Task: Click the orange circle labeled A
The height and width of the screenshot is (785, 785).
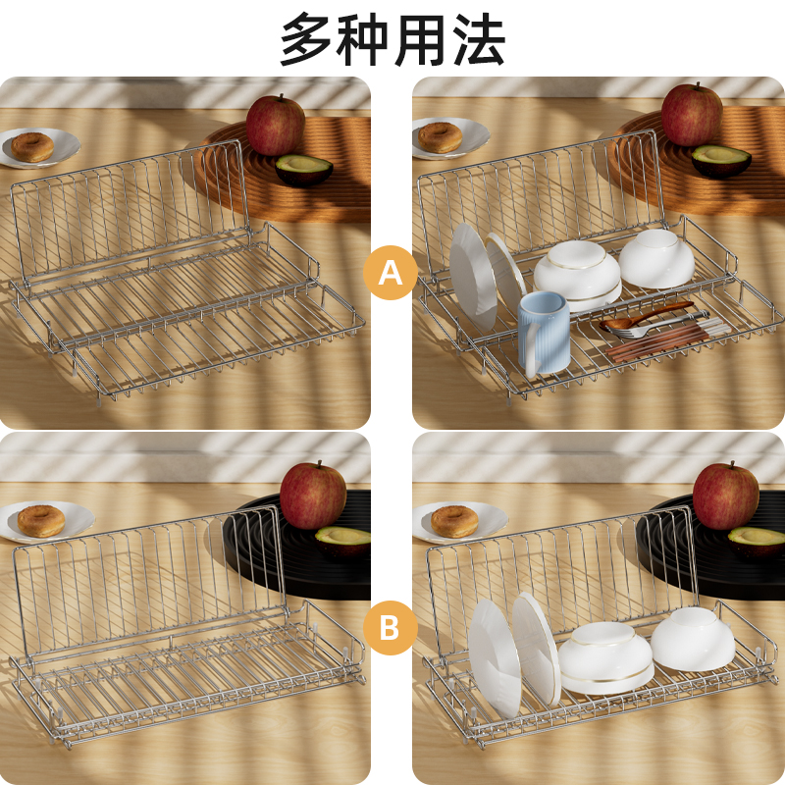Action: pyautogui.click(x=391, y=273)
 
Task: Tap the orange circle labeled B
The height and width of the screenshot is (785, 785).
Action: pyautogui.click(x=391, y=628)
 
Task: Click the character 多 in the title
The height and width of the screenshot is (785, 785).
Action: pyautogui.click(x=306, y=39)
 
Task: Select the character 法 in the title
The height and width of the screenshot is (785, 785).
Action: pyautogui.click(x=479, y=39)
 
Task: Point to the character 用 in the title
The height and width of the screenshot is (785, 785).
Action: pyautogui.click(x=421, y=39)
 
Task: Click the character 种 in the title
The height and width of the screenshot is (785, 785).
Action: pyautogui.click(x=362, y=39)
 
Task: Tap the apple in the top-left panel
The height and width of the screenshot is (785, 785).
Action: pyautogui.click(x=276, y=126)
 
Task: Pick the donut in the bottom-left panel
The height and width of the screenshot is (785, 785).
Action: pyautogui.click(x=41, y=521)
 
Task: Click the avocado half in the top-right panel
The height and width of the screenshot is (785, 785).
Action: pyautogui.click(x=721, y=161)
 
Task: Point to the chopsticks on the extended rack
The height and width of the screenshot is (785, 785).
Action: pyautogui.click(x=666, y=340)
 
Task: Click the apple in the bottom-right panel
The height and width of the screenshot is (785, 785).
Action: pyautogui.click(x=726, y=496)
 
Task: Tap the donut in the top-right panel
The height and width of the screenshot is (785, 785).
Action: pyautogui.click(x=440, y=137)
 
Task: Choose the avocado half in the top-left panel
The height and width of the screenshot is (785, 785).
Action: pyautogui.click(x=303, y=170)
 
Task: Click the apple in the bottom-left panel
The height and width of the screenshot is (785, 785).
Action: pyautogui.click(x=313, y=496)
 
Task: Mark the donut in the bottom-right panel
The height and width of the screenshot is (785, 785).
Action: pyautogui.click(x=454, y=521)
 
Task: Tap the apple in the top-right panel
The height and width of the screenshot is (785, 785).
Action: pyautogui.click(x=692, y=115)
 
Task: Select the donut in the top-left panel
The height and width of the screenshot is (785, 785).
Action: pyautogui.click(x=32, y=146)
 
